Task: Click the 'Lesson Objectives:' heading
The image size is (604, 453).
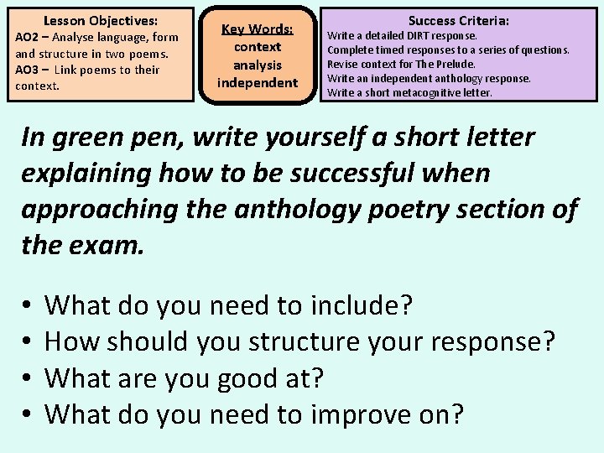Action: [101, 19]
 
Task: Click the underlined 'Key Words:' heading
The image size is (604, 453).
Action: [257, 29]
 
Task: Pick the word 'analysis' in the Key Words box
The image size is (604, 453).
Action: [258, 65]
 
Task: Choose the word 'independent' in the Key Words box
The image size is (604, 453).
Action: [258, 82]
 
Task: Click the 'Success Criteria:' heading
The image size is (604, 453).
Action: [459, 20]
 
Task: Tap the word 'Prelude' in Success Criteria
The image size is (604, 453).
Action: [457, 65]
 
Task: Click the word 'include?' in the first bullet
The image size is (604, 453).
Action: [362, 305]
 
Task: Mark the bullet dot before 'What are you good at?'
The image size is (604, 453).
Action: [28, 379]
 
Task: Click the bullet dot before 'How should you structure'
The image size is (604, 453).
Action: [28, 342]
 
